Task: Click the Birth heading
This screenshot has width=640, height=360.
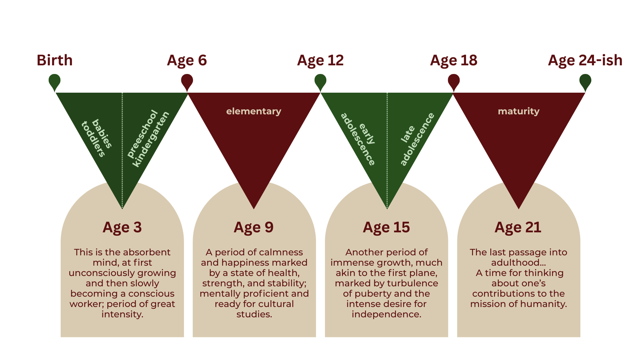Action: (55, 60)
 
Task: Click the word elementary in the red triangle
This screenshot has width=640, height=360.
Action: (254, 111)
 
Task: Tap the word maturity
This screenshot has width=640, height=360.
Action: (519, 111)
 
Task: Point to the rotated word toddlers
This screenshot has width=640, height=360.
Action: (93, 139)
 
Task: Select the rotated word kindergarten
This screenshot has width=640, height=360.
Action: (151, 139)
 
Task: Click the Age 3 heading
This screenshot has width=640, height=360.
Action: (122, 228)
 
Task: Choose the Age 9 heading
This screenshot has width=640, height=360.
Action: (254, 228)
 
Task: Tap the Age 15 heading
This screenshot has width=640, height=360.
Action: (386, 228)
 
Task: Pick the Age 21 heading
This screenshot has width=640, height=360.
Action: (518, 228)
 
